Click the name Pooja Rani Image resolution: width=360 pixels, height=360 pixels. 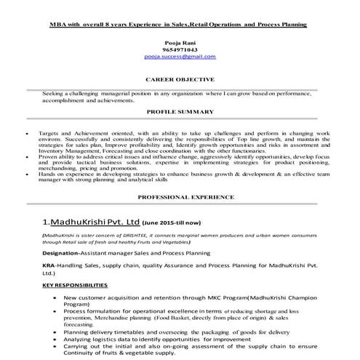click(x=180, y=43)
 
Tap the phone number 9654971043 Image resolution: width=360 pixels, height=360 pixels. click(x=180, y=49)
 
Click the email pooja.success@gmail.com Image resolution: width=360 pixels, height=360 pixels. click(x=180, y=56)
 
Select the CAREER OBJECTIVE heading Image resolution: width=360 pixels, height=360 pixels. click(x=180, y=78)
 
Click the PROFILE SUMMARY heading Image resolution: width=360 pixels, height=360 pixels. click(x=180, y=112)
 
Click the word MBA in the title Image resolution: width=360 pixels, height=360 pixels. click(x=58, y=24)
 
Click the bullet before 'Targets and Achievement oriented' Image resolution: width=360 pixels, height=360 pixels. click(x=27, y=135)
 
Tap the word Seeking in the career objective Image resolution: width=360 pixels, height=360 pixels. click(x=55, y=94)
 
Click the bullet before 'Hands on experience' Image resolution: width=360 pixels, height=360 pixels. click(x=27, y=175)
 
